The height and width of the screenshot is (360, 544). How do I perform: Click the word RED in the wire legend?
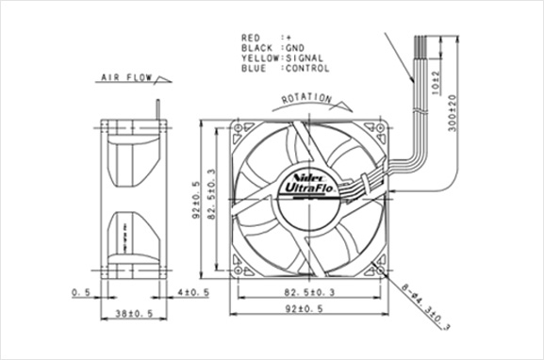point(251,38)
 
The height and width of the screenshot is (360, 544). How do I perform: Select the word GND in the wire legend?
point(295,48)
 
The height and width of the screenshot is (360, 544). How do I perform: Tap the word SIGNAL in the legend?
point(305,57)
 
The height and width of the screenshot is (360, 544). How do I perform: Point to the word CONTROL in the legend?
point(307,68)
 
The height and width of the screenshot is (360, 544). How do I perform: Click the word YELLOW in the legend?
point(260,57)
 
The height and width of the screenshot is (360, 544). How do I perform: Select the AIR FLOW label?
point(126,77)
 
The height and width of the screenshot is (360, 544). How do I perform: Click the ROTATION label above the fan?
point(306,99)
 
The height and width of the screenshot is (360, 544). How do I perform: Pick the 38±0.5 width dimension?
point(134,314)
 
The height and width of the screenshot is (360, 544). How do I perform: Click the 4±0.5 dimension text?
point(193,292)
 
